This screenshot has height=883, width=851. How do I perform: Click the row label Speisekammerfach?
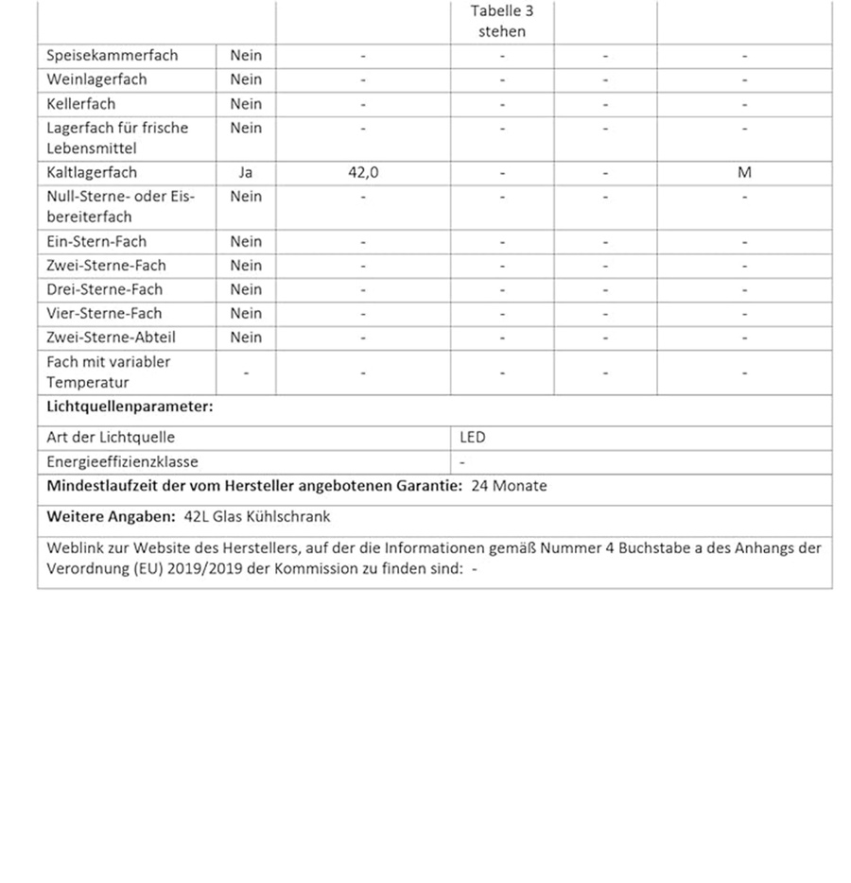pos(112,56)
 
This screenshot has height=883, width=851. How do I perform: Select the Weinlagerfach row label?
pos(96,79)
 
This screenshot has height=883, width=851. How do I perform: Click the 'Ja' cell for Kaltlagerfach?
pos(246,173)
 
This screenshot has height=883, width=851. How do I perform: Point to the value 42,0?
pos(363,173)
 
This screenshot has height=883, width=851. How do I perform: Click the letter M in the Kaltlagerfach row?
pos(744,173)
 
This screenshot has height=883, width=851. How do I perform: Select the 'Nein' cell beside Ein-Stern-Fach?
pos(246,242)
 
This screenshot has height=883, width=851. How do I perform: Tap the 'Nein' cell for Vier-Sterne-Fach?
pos(246,313)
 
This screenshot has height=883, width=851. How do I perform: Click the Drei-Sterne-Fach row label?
pos(104,289)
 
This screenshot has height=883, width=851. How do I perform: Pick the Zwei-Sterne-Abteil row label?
pos(111,338)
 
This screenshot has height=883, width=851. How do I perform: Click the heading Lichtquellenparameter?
pos(130,407)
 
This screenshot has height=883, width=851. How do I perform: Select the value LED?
pos(472,438)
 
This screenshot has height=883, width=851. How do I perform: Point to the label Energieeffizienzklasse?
pos(122,462)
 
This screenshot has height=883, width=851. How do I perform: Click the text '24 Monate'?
pos(509,486)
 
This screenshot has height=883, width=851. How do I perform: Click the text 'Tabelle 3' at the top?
pos(501,11)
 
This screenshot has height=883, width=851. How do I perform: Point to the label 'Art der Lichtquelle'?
pos(111,438)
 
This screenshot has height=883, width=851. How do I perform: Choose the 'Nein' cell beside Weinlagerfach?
pos(246,79)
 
